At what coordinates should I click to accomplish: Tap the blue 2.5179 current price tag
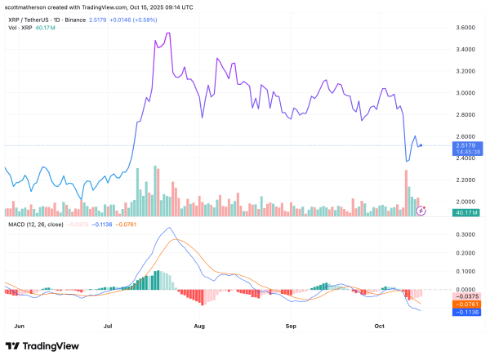pos(468,145)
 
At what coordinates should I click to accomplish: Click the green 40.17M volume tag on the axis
pos(469,212)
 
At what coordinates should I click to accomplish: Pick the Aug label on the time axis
pos(198,325)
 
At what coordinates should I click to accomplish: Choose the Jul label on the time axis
pos(108,325)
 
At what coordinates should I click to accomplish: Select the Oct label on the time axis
pos(380,325)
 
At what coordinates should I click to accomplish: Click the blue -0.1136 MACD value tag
pos(469,311)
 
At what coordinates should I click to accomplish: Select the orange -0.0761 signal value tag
pos(469,304)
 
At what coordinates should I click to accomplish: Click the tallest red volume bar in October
pos(405,192)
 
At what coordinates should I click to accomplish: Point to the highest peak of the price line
pos(167,33)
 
